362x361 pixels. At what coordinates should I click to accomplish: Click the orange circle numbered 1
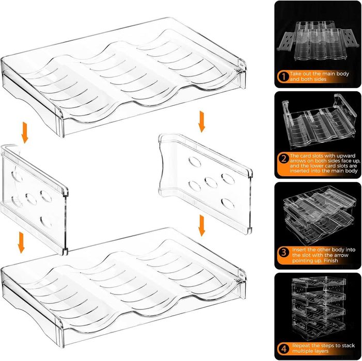(x=284, y=76)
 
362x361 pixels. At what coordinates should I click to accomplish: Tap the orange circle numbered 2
(x=284, y=158)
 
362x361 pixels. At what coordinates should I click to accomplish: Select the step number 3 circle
(x=284, y=252)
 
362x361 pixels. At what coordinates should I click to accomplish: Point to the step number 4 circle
(x=284, y=349)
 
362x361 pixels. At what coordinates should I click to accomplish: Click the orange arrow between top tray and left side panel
(x=25, y=133)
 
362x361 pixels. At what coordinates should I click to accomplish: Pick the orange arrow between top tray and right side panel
(x=202, y=122)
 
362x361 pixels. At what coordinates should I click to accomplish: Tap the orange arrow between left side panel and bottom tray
(x=21, y=243)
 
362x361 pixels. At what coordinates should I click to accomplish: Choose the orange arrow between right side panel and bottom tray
(x=202, y=226)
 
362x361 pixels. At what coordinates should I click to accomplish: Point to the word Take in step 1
(x=295, y=74)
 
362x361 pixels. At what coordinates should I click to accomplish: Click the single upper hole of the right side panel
(x=194, y=161)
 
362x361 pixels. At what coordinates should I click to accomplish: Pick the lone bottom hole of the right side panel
(x=228, y=204)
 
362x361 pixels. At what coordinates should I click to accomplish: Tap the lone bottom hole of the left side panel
(x=46, y=222)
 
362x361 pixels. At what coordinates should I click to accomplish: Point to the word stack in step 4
(x=348, y=346)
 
